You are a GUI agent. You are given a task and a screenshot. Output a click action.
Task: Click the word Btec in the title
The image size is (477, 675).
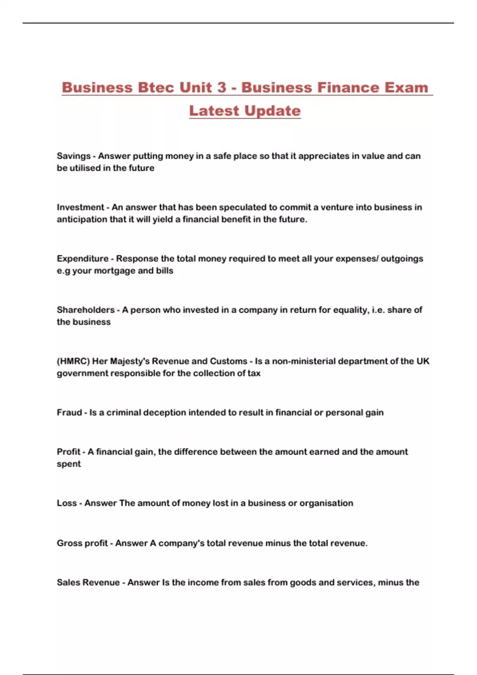pos(156,87)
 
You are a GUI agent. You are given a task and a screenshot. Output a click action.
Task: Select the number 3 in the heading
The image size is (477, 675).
pos(221,87)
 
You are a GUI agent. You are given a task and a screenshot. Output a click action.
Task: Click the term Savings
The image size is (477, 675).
pos(74,156)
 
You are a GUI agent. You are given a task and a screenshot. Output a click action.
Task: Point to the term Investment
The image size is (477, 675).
pos(80,207)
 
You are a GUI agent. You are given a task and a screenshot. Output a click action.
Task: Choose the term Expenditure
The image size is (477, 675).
pos(82,258)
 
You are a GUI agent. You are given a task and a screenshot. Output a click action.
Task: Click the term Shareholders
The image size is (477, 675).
pos(85,310)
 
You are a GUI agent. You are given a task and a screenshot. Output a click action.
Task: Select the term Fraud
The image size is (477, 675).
pos(69,413)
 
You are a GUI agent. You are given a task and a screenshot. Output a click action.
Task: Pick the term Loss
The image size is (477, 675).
pos(66,503)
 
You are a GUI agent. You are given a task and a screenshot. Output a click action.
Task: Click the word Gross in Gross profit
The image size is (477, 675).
pos(68,543)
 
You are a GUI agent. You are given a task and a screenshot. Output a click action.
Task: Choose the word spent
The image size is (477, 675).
pos(68,464)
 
